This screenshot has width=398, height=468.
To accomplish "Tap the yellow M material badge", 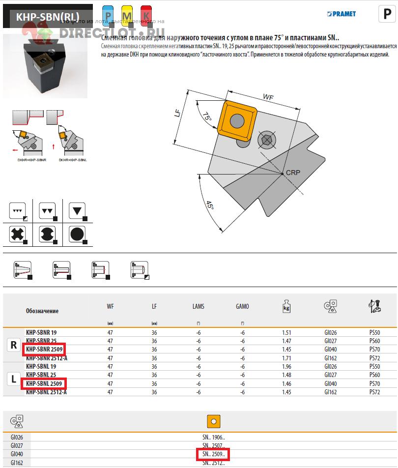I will tap(127, 14).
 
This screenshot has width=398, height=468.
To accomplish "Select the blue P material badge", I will tap(108, 14).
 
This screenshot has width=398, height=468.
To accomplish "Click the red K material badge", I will tap(146, 14).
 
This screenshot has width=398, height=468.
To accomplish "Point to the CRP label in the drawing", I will tap(293, 173).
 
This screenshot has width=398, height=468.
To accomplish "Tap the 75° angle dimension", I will tap(207, 117).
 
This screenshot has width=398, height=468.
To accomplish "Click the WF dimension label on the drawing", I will tap(268, 97).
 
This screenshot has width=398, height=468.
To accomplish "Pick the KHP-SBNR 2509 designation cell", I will tap(44, 349).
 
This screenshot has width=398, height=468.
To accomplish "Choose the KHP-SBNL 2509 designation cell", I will tap(44, 383).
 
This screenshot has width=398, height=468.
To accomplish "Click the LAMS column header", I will tap(198, 306).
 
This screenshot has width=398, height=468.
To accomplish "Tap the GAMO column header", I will tap(242, 306).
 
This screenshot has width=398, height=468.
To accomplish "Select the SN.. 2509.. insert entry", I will tap(213, 454).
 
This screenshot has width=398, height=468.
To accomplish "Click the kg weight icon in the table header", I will tap(286, 306).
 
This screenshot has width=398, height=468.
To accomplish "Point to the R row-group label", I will tap(14, 345).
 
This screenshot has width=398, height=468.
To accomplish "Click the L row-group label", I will tap(14, 379).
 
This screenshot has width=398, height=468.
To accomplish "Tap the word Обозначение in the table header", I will tap(42, 311).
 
